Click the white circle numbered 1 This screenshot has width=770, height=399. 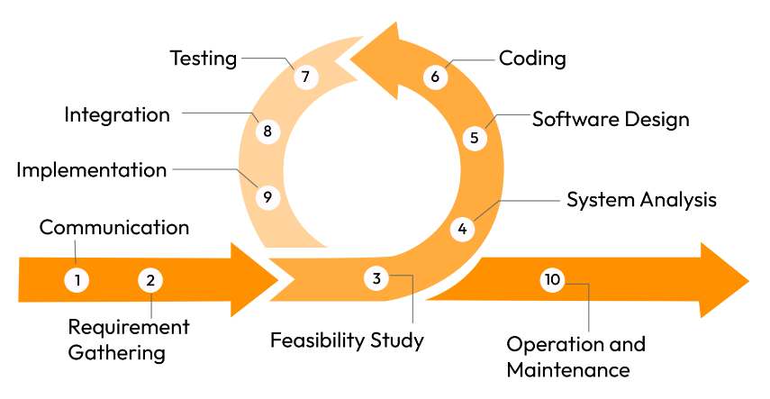77,280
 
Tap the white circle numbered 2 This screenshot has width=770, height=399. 150,280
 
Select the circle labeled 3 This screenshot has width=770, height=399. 377,278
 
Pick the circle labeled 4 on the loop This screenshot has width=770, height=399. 463,229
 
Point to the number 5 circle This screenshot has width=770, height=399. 475,138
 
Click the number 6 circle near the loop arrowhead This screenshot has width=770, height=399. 435,77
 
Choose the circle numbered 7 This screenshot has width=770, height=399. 305,77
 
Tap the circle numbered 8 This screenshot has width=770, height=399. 267,131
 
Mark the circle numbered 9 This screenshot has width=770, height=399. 267,196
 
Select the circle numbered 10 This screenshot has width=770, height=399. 552,280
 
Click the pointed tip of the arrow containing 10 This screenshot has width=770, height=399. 748,280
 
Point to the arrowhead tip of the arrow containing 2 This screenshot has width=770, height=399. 278,280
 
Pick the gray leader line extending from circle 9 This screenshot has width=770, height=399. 207,169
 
